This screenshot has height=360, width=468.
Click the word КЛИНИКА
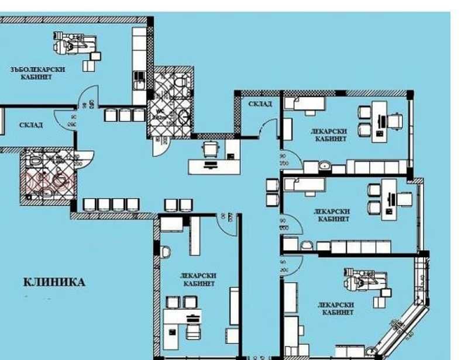coord(54,282)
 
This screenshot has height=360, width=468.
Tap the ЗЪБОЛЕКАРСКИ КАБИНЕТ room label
coord(38,73)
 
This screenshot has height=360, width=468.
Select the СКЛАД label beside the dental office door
coord(30,124)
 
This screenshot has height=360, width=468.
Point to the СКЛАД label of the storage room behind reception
coord(260,103)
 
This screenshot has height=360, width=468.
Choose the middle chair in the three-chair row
coord(125,115)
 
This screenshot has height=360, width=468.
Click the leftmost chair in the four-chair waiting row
coord(90,205)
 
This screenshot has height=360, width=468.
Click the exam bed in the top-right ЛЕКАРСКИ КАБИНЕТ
coord(304,103)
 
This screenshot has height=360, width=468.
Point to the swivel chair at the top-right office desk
coord(395,120)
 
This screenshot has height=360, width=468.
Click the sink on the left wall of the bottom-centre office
coord(165,252)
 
